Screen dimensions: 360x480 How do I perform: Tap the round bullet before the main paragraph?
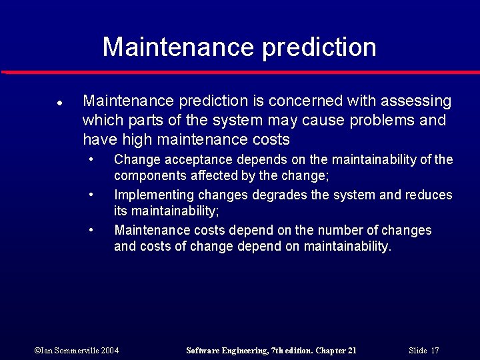pyautogui.click(x=59, y=104)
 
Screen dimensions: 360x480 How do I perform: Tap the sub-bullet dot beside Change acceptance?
pyautogui.click(x=91, y=160)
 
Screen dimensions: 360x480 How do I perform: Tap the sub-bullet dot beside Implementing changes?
pyautogui.click(x=91, y=195)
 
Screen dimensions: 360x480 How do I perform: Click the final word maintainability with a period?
pyautogui.click(x=347, y=247)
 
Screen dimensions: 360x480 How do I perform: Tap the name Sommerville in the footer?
pyautogui.click(x=73, y=350)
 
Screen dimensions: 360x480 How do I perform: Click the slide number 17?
pyautogui.click(x=435, y=350)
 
